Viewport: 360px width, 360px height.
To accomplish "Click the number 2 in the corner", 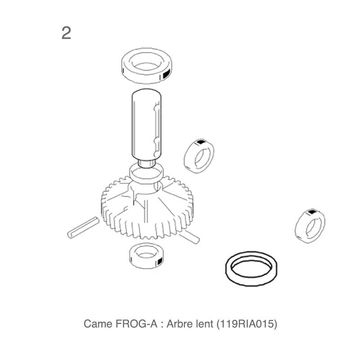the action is (66, 33).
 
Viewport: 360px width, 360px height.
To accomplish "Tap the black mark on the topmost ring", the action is (166, 74).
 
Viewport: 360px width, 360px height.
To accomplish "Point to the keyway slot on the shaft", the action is (157, 131).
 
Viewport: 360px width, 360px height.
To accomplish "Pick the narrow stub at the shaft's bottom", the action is (147, 164).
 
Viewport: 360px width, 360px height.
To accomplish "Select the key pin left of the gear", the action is (83, 227).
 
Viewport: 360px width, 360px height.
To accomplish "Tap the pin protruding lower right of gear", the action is (190, 237).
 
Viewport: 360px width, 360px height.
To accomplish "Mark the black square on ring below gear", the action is (160, 261).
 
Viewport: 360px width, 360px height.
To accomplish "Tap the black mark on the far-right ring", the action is (311, 212).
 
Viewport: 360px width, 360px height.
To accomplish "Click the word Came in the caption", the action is (98, 324).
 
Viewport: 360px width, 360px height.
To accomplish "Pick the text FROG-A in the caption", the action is (136, 324).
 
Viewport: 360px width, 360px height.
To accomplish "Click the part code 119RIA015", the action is (247, 324).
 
